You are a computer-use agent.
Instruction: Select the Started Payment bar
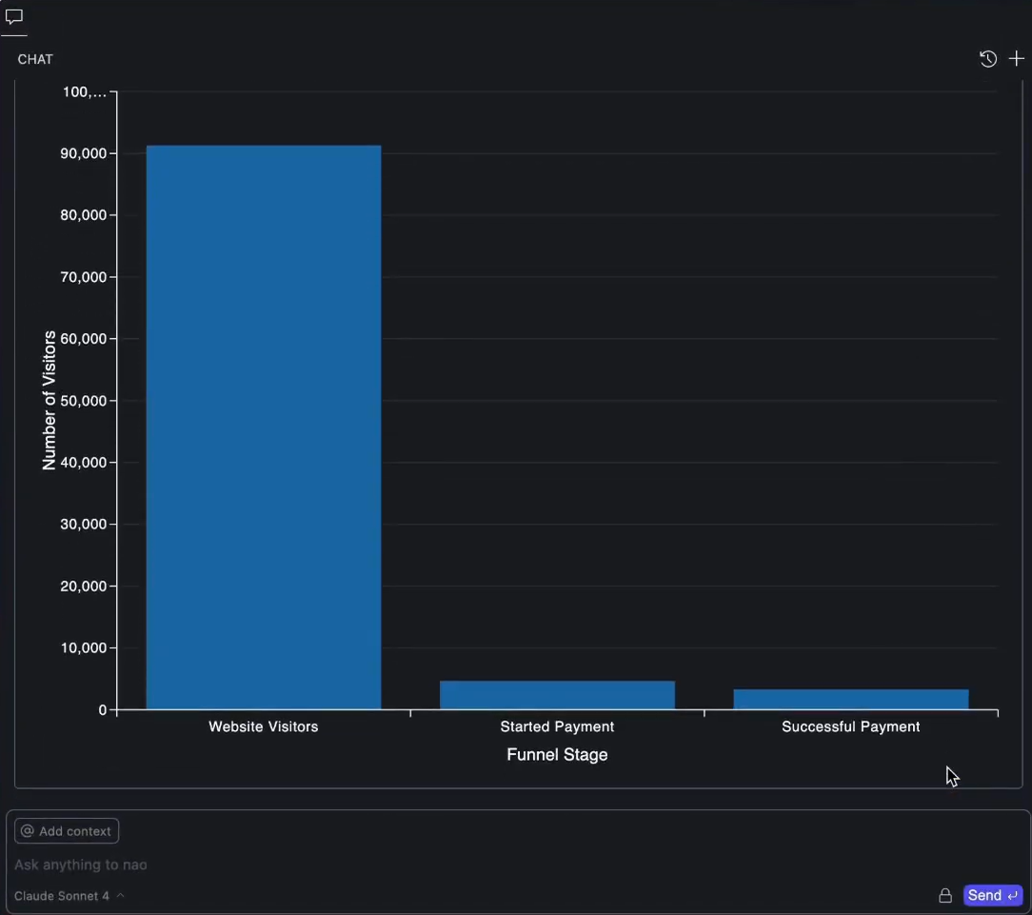click(x=557, y=695)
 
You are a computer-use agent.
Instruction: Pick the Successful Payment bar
click(x=850, y=699)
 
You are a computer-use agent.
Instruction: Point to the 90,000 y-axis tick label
click(x=81, y=153)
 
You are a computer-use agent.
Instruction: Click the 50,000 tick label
click(x=81, y=401)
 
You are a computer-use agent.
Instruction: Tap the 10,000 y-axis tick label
click(x=81, y=648)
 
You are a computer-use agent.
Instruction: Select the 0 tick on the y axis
click(x=102, y=710)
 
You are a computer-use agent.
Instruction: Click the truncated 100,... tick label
click(x=85, y=92)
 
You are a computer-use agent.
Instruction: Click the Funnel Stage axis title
click(x=557, y=755)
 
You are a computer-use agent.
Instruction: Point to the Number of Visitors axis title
click(x=50, y=401)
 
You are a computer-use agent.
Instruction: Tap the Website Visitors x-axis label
click(x=264, y=726)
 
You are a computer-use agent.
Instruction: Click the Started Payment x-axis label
click(x=557, y=726)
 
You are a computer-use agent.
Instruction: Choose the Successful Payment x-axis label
click(x=850, y=726)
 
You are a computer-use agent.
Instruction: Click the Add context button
click(x=67, y=831)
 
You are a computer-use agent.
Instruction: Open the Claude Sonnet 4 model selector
click(x=69, y=896)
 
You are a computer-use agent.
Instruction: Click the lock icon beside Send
click(x=945, y=896)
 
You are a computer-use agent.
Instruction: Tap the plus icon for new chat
click(x=1016, y=59)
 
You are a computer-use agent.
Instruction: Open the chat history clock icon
click(x=988, y=59)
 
